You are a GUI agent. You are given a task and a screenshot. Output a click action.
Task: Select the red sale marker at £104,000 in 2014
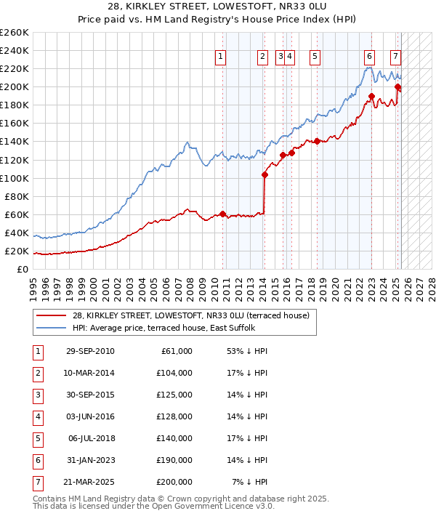tap(265, 174)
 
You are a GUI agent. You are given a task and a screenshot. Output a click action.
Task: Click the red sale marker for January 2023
tap(371, 96)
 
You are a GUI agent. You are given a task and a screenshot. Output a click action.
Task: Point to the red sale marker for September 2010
tap(223, 214)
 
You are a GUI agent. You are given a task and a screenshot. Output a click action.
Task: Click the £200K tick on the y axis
tap(15, 86)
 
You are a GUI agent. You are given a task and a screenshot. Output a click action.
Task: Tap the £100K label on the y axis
tap(15, 178)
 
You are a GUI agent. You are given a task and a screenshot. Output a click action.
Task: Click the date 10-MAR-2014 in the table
tap(89, 373)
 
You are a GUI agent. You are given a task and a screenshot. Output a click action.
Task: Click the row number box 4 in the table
tap(37, 416)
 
